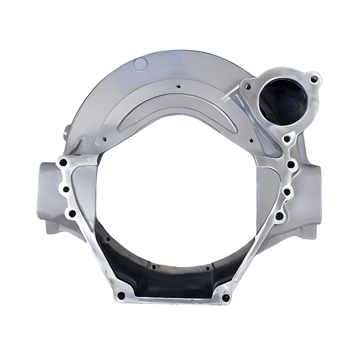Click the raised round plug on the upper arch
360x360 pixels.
[140, 64]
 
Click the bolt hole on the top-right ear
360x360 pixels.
[314, 78]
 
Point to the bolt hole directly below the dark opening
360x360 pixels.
[287, 138]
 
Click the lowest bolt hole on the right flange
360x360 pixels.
[279, 216]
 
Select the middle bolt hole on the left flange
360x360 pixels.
[66, 189]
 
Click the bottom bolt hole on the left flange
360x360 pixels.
[72, 213]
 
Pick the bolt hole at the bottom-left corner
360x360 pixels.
[121, 296]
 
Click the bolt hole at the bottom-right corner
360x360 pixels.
[226, 298]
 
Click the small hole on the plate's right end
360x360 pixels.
[251, 141]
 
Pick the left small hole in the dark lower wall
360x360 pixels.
[154, 267]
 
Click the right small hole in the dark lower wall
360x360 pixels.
[208, 268]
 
